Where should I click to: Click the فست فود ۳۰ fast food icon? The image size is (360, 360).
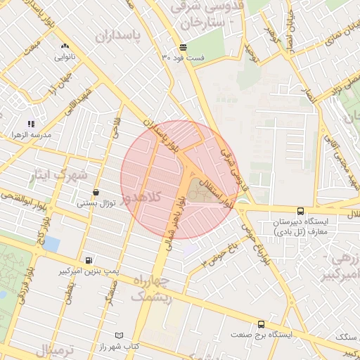coord(183,47)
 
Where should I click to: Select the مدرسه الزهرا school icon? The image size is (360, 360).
coord(32,124)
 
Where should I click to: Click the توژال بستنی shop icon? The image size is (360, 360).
coord(96,192)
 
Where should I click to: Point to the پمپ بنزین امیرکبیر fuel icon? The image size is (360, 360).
coord(87,259)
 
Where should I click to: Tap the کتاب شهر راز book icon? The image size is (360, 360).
coord(118,335)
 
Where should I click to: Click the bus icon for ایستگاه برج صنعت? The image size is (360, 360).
coord(262,324)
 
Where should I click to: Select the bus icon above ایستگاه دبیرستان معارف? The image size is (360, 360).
coord(301,210)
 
